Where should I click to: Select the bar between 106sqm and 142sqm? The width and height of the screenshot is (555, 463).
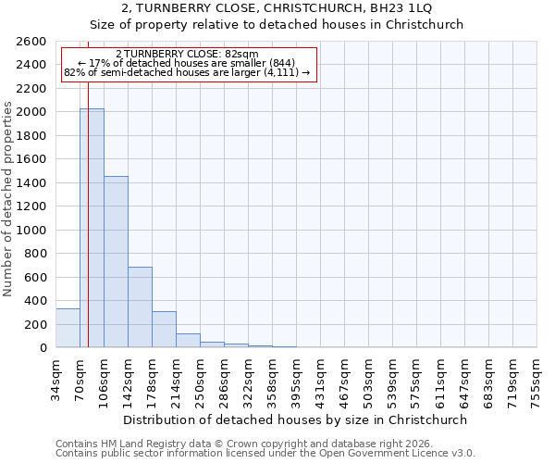pos(116,262)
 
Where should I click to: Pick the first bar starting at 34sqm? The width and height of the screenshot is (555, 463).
pos(68,328)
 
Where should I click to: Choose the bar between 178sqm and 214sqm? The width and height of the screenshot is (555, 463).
pos(164,330)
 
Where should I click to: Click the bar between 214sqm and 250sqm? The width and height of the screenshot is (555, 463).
pos(188,341)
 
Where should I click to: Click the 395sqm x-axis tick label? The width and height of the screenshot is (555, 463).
pos(296,379)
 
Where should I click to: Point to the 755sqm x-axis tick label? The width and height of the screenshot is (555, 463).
pos(536,379)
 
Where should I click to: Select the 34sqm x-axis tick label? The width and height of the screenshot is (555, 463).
pos(55,377)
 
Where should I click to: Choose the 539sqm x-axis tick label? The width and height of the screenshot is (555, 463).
pos(392,379)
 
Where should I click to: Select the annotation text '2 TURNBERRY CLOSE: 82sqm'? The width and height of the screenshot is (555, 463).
pos(188,54)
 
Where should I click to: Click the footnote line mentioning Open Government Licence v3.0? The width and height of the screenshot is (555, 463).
pos(265,454)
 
